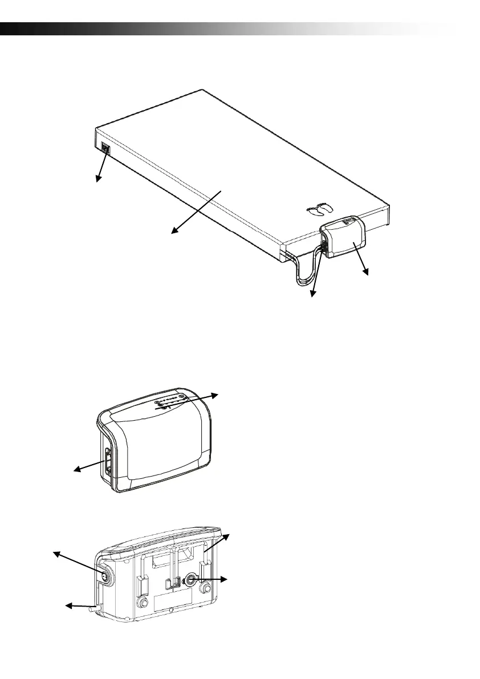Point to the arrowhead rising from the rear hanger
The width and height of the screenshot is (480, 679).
coord(226,537)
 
